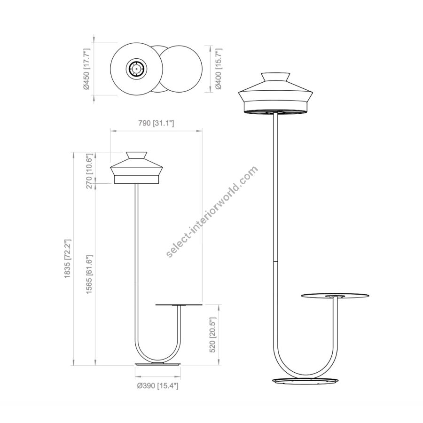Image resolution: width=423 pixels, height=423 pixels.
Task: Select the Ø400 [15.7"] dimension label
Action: (x=219, y=69)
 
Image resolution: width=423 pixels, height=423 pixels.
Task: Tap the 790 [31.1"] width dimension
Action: (x=156, y=124)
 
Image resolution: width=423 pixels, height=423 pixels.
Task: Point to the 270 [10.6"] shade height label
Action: (x=90, y=171)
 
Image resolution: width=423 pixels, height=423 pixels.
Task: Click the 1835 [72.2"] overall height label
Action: (x=67, y=258)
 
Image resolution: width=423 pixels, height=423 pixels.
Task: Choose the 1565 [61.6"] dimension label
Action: (x=90, y=274)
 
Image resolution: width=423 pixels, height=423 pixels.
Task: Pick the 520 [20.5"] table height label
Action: (x=213, y=335)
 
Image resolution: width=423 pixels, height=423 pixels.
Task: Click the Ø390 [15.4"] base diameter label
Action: (x=157, y=386)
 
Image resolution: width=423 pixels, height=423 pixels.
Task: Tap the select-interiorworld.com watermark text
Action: (x=212, y=212)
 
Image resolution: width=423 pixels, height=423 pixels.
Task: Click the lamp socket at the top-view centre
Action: (x=136, y=69)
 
